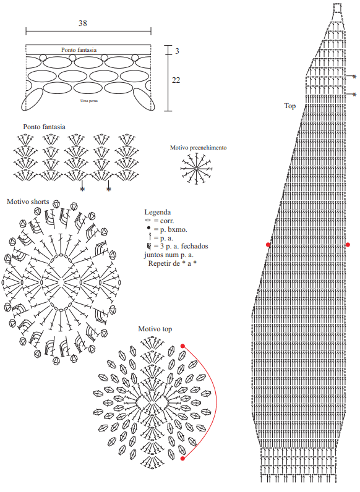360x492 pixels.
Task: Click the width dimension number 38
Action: pos(83,23)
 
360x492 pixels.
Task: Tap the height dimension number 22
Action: pos(176,80)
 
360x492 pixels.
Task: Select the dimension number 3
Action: pos(177,51)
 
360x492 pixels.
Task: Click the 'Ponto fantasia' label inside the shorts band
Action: pos(79,50)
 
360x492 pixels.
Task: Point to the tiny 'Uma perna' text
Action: pos(89,101)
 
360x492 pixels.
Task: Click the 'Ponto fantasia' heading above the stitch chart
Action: pos(45,127)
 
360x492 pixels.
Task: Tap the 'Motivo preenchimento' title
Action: pos(198,148)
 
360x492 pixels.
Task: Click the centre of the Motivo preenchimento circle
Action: pos(196,169)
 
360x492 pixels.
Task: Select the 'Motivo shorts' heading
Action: pos(28,201)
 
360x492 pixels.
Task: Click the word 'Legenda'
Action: pos(157,212)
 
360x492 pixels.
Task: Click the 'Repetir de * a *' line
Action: pos(173,263)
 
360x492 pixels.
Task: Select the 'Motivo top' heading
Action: pos(155,329)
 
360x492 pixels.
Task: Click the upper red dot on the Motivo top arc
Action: pos(182,346)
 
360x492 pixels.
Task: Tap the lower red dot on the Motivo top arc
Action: pos(182,459)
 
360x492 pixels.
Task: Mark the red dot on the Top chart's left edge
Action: pos(268,245)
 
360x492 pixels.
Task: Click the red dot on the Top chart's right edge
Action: pos(348,245)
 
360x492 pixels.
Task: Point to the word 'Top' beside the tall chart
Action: pos(290,106)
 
